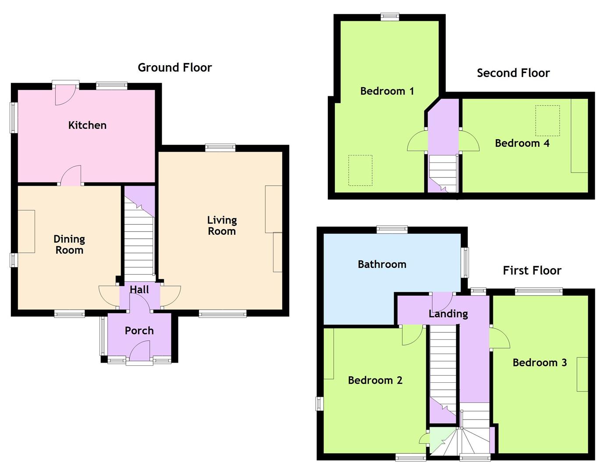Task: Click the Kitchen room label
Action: tap(87, 125)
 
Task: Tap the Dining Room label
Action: tap(69, 244)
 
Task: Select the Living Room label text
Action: tap(222, 226)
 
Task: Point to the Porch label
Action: tap(139, 331)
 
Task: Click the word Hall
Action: tap(139, 289)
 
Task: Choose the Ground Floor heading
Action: tap(174, 67)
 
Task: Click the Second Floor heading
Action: tap(513, 73)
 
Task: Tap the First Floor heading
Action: tap(532, 271)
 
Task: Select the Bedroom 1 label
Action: tap(387, 91)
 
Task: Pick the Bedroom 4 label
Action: tap(522, 143)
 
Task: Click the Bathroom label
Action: tap(382, 264)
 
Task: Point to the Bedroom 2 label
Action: tap(375, 380)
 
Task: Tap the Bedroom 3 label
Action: tap(539, 363)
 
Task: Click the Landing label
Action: tap(448, 314)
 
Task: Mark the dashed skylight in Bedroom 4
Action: tap(547, 120)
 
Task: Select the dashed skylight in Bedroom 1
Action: tap(360, 170)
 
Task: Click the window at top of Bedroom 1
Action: tap(390, 17)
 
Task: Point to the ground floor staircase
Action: tap(139, 245)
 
